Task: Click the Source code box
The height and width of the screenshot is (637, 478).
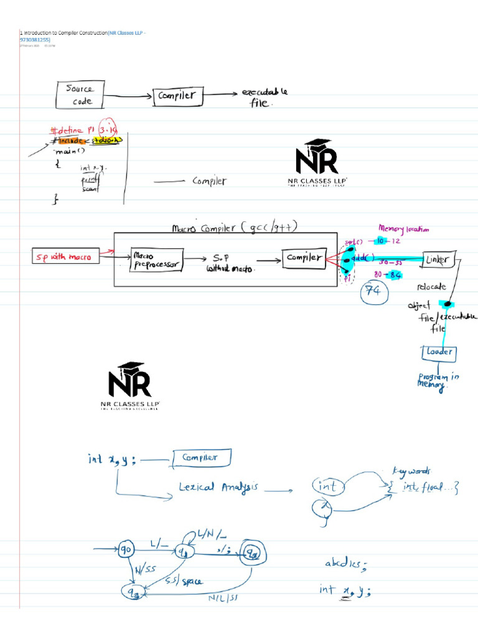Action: click(81, 95)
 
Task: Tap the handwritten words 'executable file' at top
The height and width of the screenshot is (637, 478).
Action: click(263, 98)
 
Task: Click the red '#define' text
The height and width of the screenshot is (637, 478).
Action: click(68, 130)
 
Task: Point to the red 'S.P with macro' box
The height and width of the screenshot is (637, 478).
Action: click(66, 256)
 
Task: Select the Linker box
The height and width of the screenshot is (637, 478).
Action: click(441, 259)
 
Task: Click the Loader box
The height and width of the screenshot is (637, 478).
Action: click(440, 353)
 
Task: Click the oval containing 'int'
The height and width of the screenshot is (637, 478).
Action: click(328, 486)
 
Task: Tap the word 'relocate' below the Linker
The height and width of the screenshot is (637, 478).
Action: click(431, 287)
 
